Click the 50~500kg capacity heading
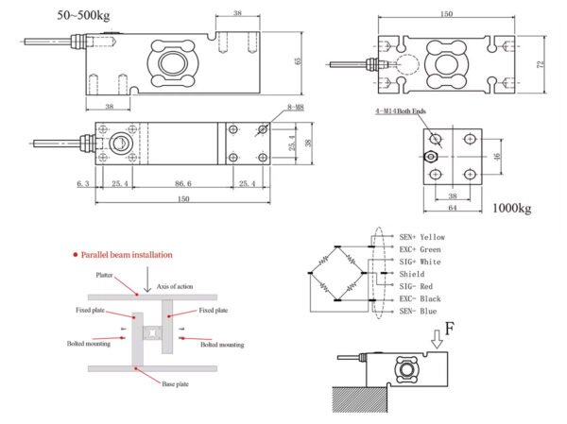click(83, 15)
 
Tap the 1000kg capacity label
click(512, 208)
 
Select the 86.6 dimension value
click(183, 183)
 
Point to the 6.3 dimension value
click(83, 183)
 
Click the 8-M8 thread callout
click(296, 107)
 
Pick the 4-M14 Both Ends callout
click(401, 111)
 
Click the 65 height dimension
click(299, 61)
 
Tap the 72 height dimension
click(541, 64)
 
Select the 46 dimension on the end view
click(497, 157)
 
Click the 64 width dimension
click(453, 208)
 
